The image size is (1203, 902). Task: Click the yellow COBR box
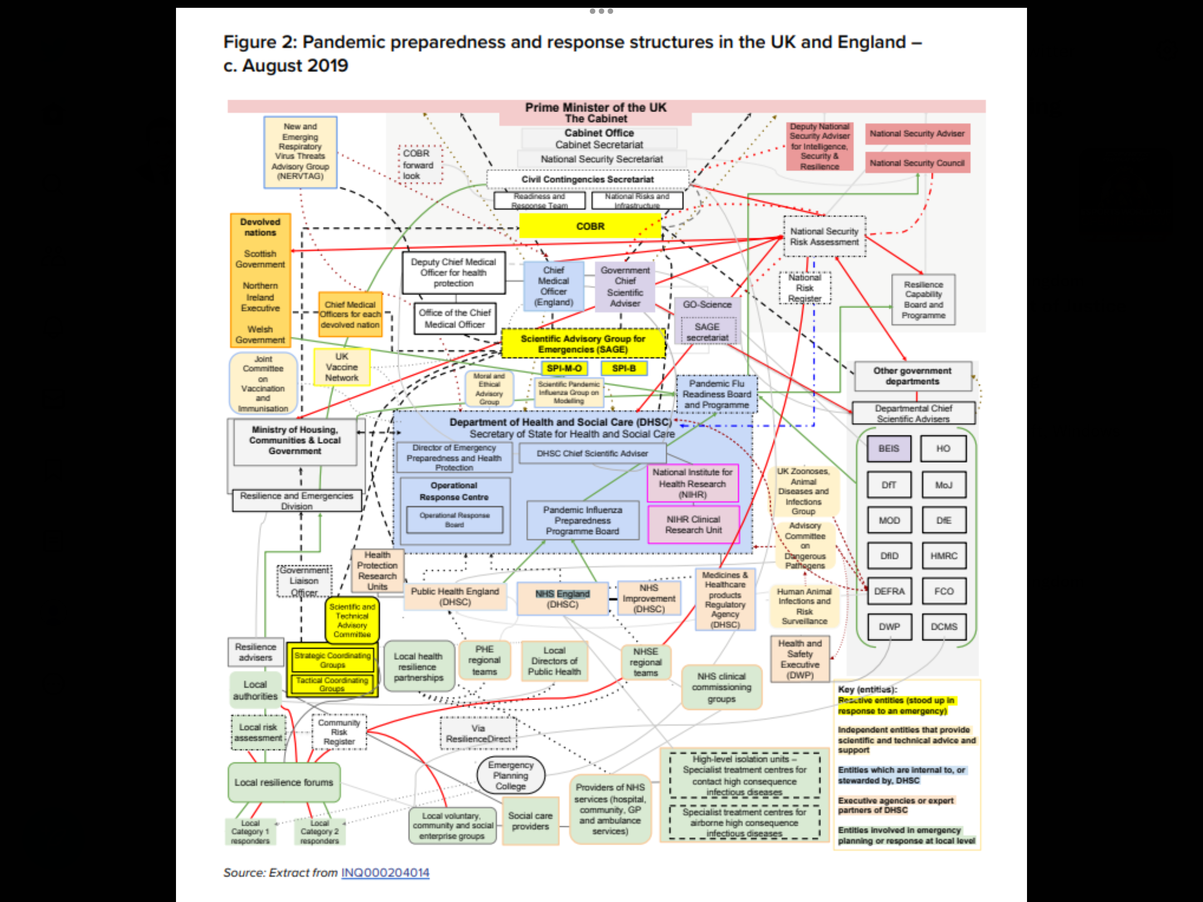point(590,227)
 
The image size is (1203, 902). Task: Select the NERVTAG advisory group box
point(300,151)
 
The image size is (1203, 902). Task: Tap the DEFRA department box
point(889,591)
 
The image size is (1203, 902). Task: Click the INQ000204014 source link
point(385,872)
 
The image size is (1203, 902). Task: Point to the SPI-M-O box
point(564,368)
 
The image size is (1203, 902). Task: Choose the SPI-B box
point(624,368)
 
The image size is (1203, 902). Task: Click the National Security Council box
point(917,163)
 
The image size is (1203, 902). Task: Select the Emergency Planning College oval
point(510,776)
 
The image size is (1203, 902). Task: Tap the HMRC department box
point(943,556)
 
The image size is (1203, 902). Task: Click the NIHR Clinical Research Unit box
point(693,524)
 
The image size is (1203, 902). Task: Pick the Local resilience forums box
point(283,782)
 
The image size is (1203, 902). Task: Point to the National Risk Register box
point(805,288)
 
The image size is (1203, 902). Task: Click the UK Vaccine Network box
point(342,367)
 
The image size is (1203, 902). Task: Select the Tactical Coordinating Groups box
point(332,684)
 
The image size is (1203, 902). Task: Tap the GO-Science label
point(707,305)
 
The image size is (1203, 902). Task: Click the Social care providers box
point(530,821)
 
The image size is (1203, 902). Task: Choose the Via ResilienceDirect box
point(478,733)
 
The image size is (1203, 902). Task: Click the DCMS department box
point(943,627)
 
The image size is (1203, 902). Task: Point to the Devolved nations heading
point(260,227)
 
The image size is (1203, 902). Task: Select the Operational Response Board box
point(454,519)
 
